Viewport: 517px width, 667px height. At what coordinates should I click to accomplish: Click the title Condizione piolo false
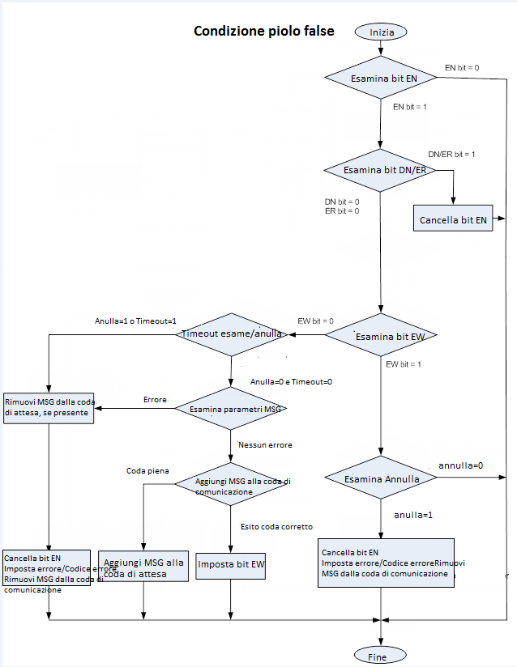264,32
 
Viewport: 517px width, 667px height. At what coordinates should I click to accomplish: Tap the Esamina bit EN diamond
380,79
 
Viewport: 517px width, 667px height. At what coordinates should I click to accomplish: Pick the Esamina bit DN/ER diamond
380,170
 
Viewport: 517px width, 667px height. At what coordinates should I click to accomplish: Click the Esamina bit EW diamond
380,335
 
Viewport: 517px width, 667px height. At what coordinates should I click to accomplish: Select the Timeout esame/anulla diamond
232,333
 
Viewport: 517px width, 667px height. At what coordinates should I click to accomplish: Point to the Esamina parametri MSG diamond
232,409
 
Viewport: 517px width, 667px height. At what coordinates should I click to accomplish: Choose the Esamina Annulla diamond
380,478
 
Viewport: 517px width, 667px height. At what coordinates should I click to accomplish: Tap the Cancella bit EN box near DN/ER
453,219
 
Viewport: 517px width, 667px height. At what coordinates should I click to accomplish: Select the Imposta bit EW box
232,564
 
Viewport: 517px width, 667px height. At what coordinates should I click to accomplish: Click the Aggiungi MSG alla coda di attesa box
143,567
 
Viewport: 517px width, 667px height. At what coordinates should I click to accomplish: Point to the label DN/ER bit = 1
451,154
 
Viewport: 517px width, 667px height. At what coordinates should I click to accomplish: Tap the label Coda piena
147,470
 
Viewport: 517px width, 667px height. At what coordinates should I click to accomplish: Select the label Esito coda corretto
276,527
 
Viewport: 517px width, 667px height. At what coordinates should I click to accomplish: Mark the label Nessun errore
265,444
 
